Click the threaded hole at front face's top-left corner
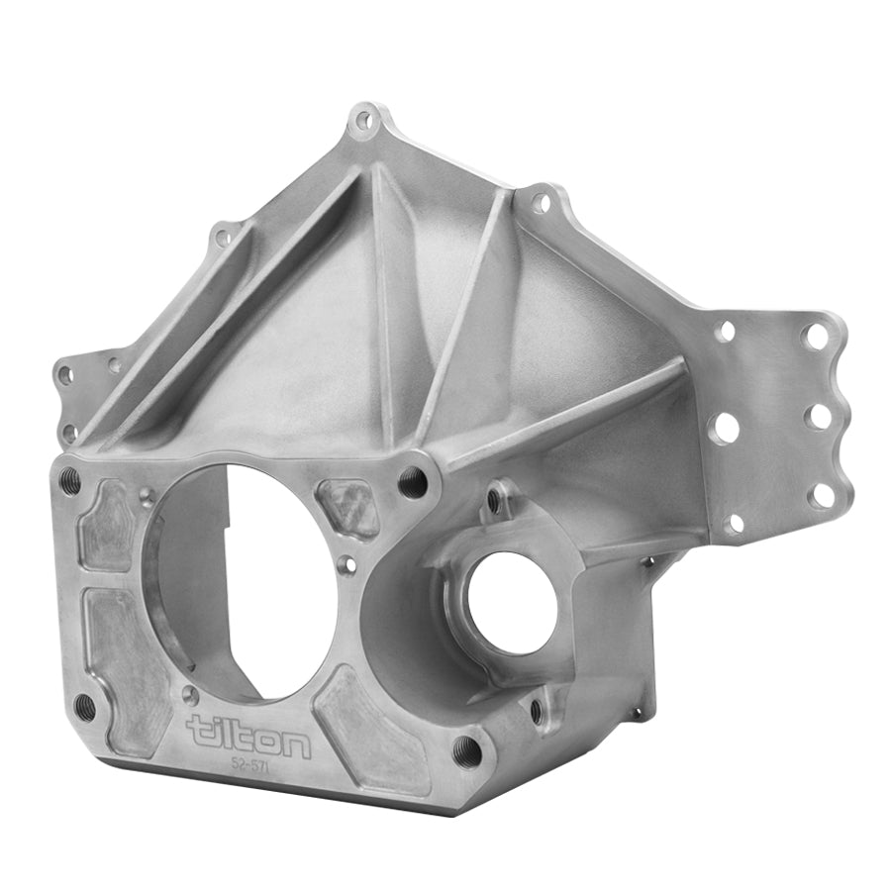(x=69, y=482)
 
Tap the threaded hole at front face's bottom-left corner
(x=84, y=706)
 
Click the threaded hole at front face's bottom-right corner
(x=467, y=750)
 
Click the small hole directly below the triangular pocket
(x=345, y=564)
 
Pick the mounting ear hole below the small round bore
(x=537, y=708)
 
